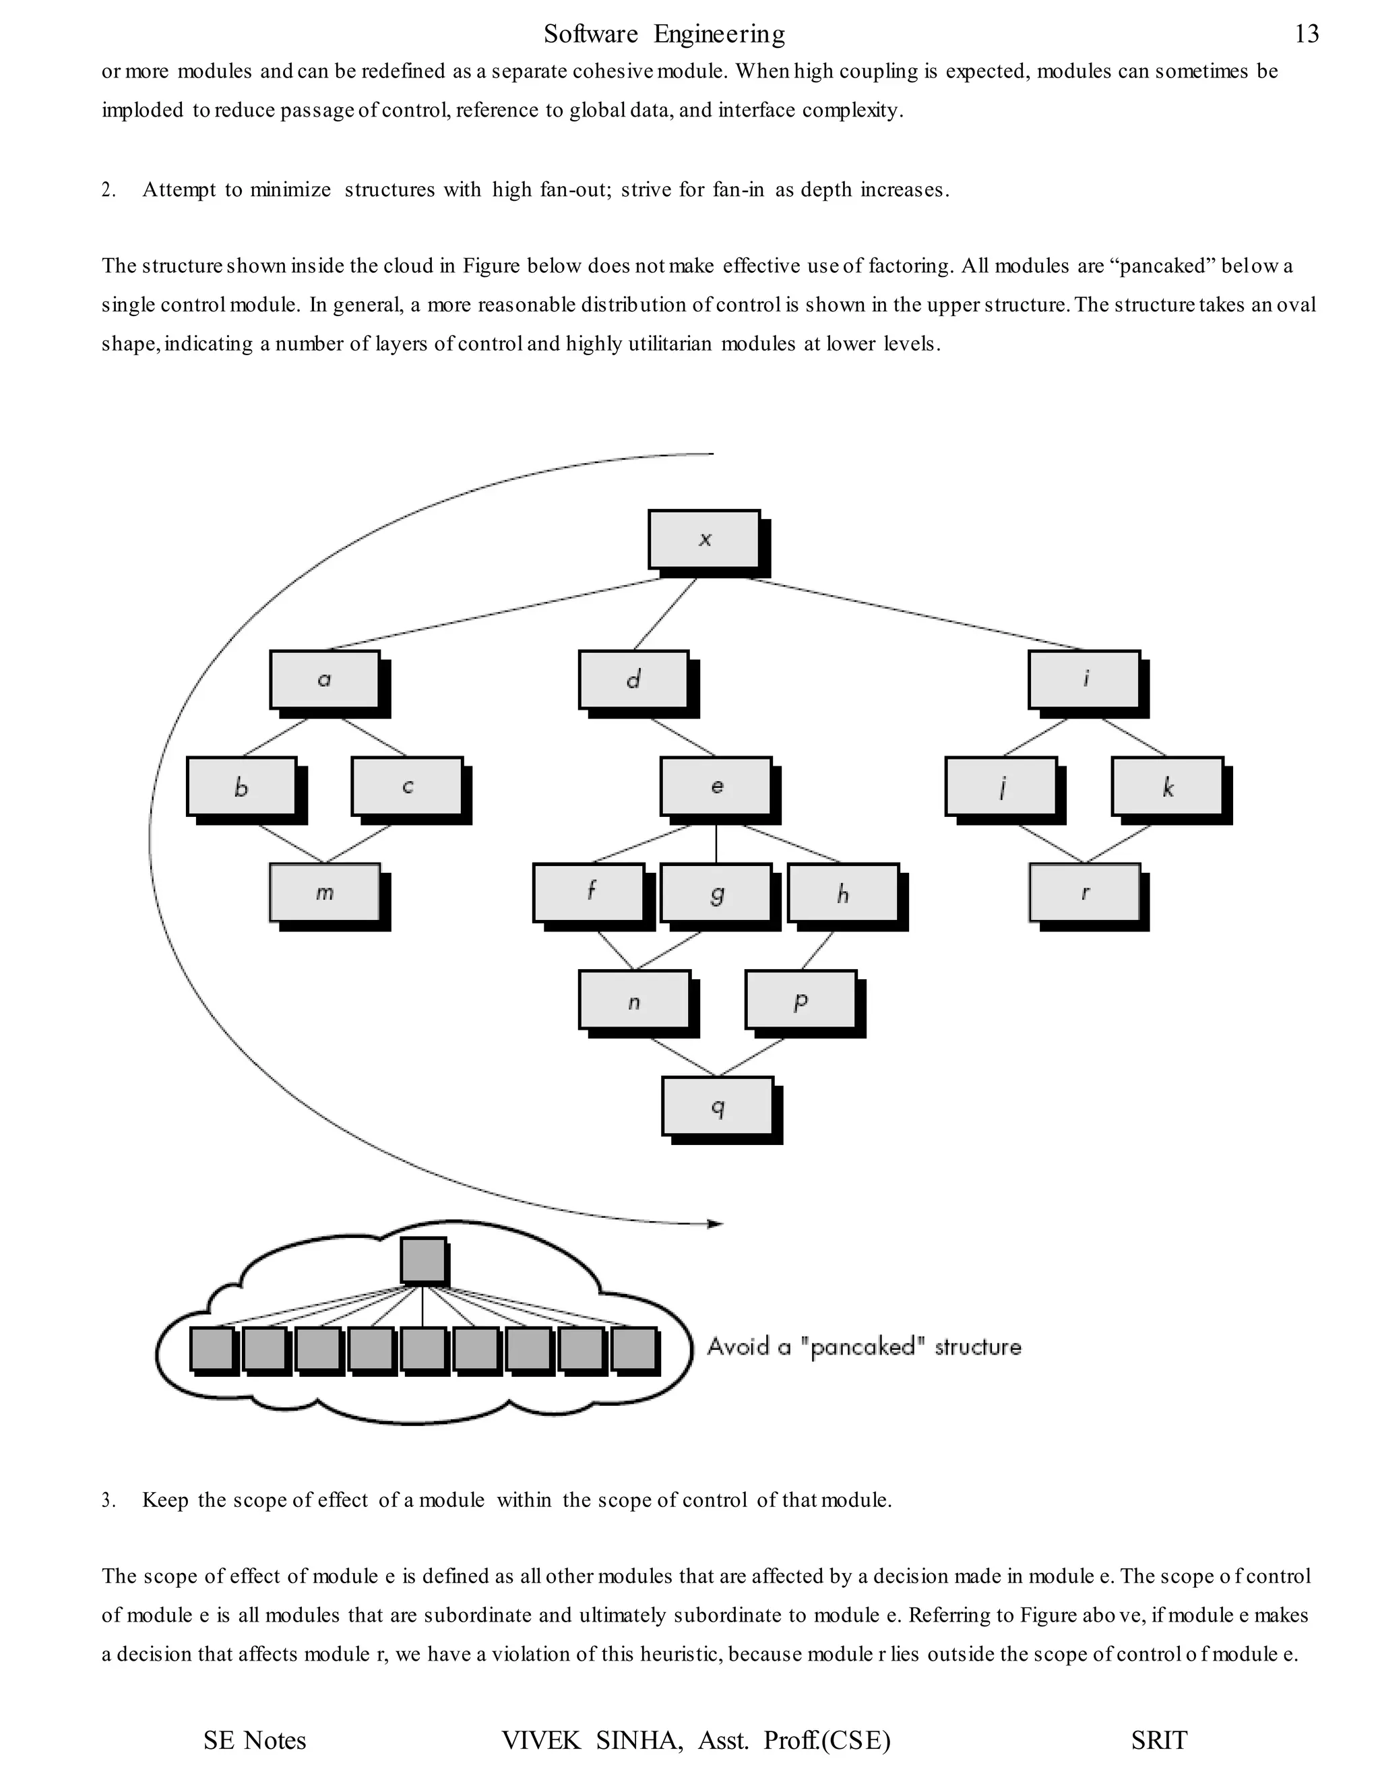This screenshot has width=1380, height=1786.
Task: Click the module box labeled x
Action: pyautogui.click(x=704, y=539)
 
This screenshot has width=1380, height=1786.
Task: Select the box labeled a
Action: pyautogui.click(x=325, y=679)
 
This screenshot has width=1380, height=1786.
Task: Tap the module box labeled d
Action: pyautogui.click(x=633, y=679)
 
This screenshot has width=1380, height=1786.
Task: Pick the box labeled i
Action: pyautogui.click(x=1084, y=679)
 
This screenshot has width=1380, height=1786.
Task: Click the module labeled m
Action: pyautogui.click(x=325, y=892)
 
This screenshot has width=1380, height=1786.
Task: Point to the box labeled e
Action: pyautogui.click(x=716, y=786)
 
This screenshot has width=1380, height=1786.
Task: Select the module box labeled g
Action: pyautogui.click(x=716, y=892)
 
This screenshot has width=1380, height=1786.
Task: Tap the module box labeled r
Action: pyautogui.click(x=1084, y=892)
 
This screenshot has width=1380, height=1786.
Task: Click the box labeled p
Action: pyautogui.click(x=801, y=999)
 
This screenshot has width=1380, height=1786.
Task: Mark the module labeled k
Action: pyautogui.click(x=1168, y=786)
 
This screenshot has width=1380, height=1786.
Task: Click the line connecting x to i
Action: pyautogui.click(x=916, y=614)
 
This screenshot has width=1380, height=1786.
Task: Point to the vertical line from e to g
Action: pyautogui.click(x=716, y=843)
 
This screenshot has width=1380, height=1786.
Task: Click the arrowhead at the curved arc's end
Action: pyautogui.click(x=716, y=1224)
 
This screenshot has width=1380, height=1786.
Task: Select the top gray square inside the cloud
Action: pyautogui.click(x=423, y=1260)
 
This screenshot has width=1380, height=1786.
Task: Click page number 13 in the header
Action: pyautogui.click(x=1307, y=34)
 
